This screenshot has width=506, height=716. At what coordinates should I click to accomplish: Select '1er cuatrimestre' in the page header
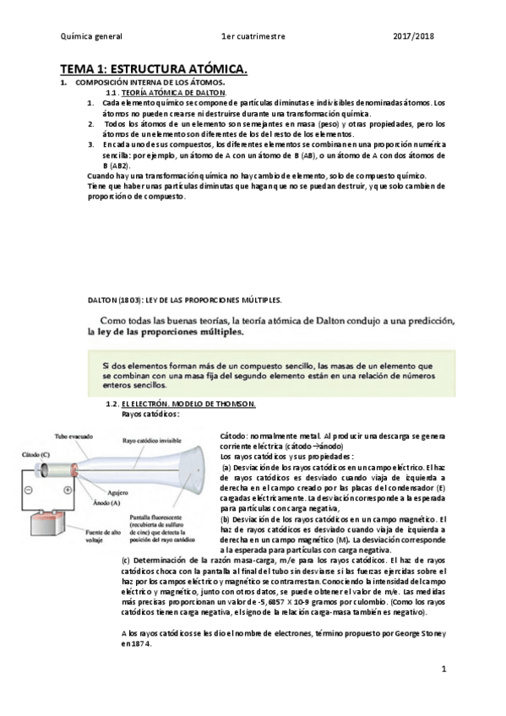coord(253,37)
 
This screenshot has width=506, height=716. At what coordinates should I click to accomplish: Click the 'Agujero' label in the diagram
coord(124,490)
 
